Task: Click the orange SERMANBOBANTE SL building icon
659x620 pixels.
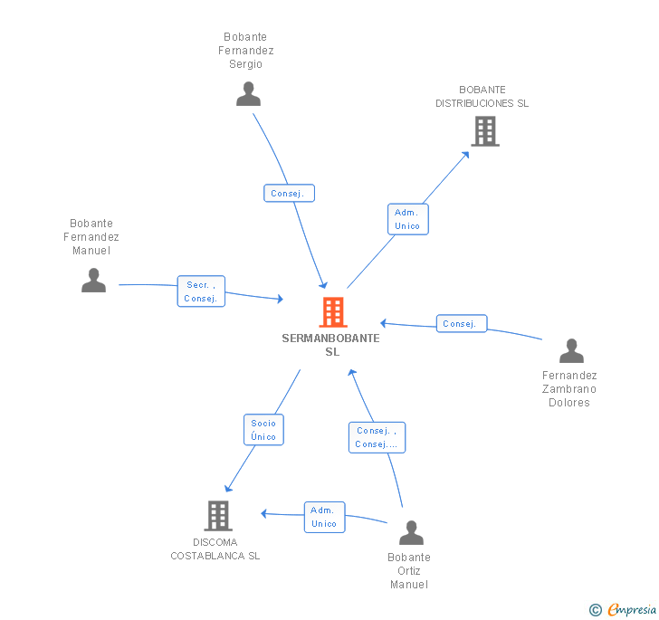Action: [x=333, y=312]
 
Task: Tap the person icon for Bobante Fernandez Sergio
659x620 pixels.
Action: [x=248, y=94]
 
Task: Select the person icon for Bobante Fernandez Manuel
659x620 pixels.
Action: [x=94, y=280]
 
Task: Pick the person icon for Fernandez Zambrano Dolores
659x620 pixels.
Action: [x=571, y=350]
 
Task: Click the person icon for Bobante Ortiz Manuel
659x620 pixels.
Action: [x=412, y=532]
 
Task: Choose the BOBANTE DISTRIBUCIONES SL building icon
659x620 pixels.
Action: [x=485, y=131]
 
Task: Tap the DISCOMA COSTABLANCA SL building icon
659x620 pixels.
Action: [x=218, y=516]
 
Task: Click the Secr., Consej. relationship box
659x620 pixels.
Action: [x=201, y=291]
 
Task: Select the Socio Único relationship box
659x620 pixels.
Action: [x=263, y=430]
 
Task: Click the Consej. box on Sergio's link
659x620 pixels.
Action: [x=289, y=193]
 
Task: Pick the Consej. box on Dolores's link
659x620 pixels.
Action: [x=462, y=324]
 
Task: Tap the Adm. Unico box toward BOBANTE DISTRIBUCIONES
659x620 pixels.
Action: [x=407, y=219]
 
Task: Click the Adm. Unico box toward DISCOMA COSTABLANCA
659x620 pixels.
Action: [x=324, y=517]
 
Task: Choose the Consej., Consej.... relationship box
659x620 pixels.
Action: [x=377, y=437]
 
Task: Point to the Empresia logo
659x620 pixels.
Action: [x=632, y=609]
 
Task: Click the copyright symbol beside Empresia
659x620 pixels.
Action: [x=596, y=609]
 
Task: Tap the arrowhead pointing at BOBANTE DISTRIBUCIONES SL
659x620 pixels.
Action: [x=465, y=155]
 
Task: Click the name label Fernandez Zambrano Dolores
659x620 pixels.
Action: [x=569, y=389]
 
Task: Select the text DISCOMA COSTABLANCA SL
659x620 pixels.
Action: [x=215, y=549]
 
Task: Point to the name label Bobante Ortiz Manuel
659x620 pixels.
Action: [x=409, y=571]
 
